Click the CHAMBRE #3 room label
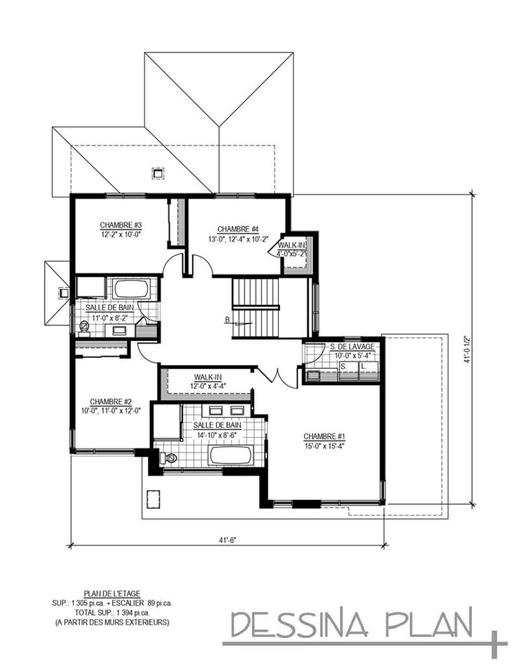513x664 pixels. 121,225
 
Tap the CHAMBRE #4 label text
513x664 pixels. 238,229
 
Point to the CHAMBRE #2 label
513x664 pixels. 111,401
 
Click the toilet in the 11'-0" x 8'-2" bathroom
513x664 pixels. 84,326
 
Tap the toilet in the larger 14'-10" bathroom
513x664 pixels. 170,458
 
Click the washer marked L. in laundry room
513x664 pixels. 364,367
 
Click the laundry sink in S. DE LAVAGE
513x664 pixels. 314,374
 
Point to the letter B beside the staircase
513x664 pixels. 228,319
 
